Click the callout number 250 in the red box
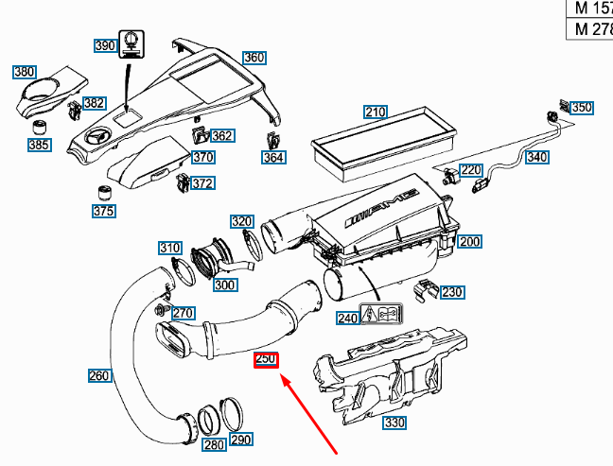pyautogui.click(x=265, y=360)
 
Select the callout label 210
pyautogui.click(x=376, y=112)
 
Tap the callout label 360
pyautogui.click(x=254, y=58)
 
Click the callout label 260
pyautogui.click(x=99, y=376)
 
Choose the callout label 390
pyautogui.click(x=104, y=46)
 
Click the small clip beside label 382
pyautogui.click(x=74, y=110)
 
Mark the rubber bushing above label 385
pyautogui.click(x=41, y=126)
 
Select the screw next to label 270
pyautogui.click(x=160, y=310)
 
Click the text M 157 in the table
pyautogui.click(x=591, y=9)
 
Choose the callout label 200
pyautogui.click(x=469, y=242)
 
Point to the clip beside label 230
pyautogui.click(x=426, y=289)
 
